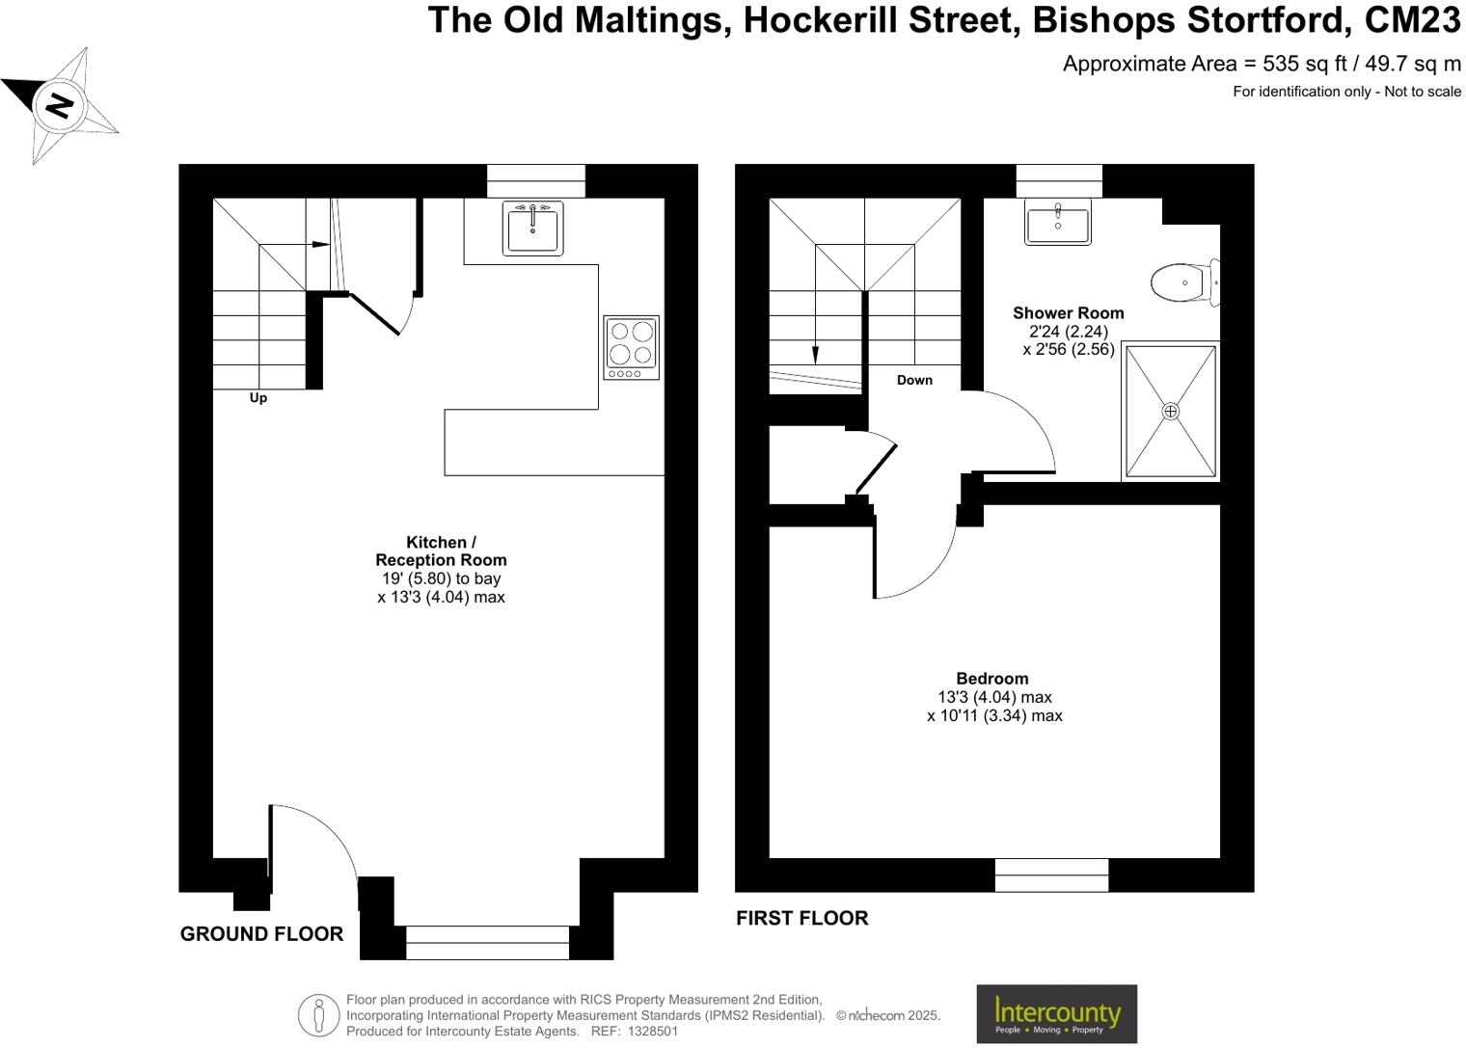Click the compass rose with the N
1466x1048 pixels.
tap(60, 104)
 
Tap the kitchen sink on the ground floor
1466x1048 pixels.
tap(532, 228)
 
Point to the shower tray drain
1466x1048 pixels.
tap(1171, 412)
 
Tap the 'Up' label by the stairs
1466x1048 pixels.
tap(258, 398)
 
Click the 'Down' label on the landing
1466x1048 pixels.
tap(914, 380)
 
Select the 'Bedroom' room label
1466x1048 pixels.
tap(992, 679)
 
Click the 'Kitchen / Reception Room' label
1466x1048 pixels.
tap(441, 551)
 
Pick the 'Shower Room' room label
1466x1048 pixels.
tap(1068, 313)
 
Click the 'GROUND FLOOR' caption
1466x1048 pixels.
tap(261, 934)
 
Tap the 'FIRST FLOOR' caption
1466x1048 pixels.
tap(801, 919)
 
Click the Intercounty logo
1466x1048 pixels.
tap(1057, 1013)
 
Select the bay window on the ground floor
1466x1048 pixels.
tap(487, 942)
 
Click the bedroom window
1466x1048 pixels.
tap(1051, 874)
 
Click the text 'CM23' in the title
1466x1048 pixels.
tap(1413, 19)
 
